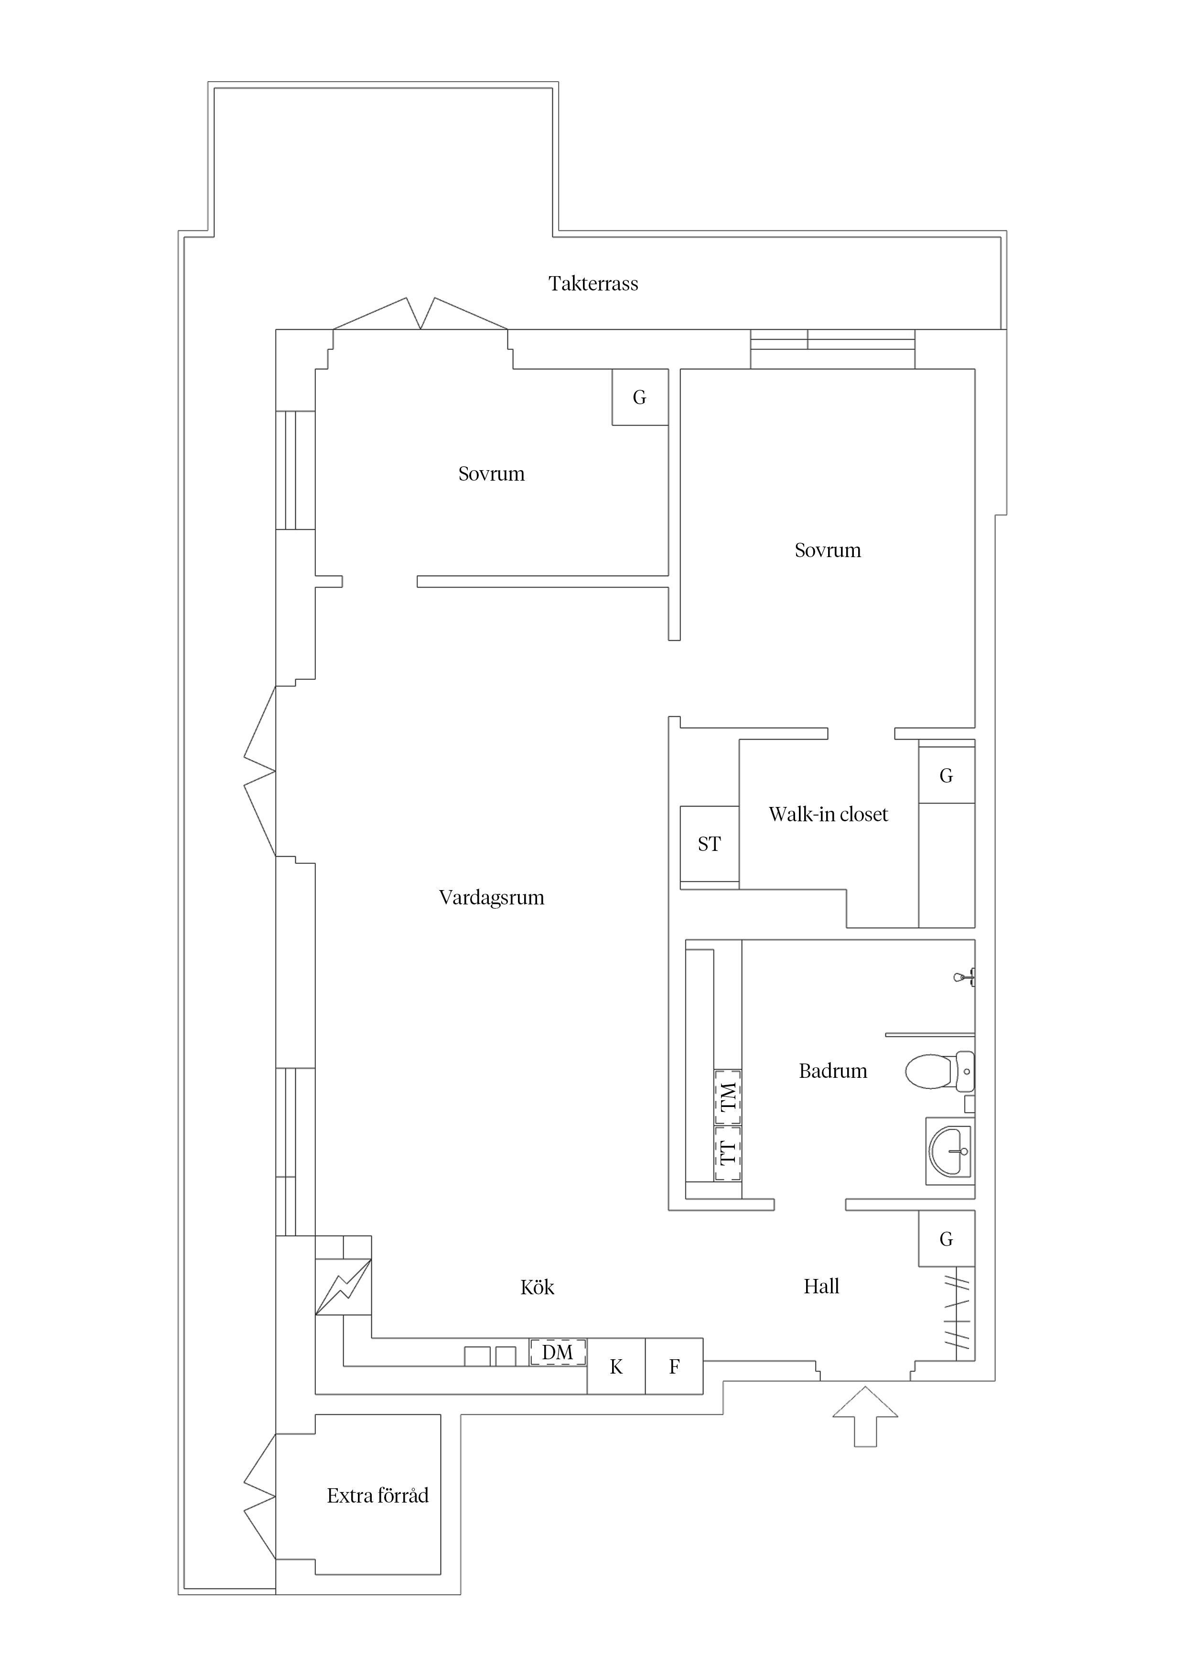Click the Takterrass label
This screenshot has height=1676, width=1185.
click(x=593, y=283)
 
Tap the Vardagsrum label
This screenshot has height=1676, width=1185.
click(x=491, y=897)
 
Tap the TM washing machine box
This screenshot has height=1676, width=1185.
click(x=727, y=1096)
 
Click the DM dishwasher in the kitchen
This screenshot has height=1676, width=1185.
click(x=557, y=1352)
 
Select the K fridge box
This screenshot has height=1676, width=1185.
click(x=616, y=1366)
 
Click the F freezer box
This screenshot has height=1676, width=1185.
click(x=674, y=1366)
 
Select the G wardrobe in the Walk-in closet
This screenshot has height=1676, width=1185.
click(x=946, y=775)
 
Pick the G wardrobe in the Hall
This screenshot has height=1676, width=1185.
click(x=946, y=1239)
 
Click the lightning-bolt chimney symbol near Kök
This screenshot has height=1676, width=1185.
click(x=343, y=1287)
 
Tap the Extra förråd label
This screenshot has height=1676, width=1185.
click(x=377, y=1496)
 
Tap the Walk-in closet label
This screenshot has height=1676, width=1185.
click(x=828, y=814)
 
